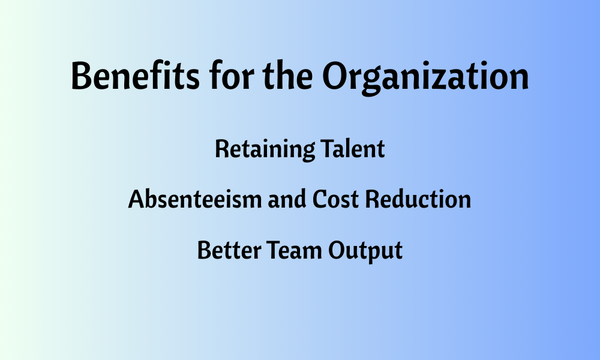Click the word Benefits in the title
point(135,75)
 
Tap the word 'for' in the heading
point(232,75)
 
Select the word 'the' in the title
point(288,75)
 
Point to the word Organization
point(425,77)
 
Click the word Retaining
point(265,149)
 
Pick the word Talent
point(352,148)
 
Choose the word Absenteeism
point(195,199)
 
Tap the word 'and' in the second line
point(287,199)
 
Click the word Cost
point(335,199)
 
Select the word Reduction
point(418,199)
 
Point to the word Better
point(229,250)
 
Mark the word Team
point(294,250)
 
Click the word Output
point(365,251)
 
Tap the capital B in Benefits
point(81,76)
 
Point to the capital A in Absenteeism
point(137,199)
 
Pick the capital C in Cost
point(320,199)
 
